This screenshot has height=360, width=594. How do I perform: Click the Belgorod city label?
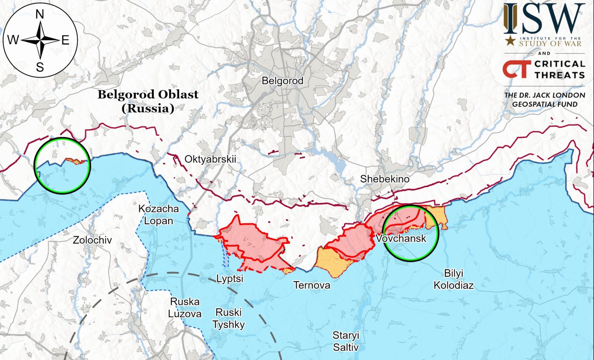(282, 81)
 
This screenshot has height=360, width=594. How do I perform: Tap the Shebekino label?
(384, 179)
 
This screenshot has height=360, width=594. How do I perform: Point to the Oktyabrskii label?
(210, 159)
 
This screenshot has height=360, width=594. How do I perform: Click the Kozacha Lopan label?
(159, 215)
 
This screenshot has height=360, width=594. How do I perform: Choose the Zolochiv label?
(92, 240)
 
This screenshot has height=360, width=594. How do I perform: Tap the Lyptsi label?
(230, 278)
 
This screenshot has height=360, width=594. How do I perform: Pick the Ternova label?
(312, 285)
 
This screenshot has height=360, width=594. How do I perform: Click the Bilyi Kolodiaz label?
(453, 279)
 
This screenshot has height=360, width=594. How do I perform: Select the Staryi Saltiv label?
(346, 341)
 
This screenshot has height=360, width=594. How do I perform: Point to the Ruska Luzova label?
(185, 307)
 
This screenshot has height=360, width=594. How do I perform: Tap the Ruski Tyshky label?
(229, 318)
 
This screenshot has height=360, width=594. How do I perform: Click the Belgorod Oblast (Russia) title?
(148, 101)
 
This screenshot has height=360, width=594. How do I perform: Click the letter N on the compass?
(40, 15)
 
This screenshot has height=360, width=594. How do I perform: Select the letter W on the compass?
(12, 40)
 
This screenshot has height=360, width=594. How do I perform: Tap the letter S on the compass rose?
(40, 68)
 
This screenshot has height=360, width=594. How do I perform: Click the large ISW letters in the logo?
(544, 19)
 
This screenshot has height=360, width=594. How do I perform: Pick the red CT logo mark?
(516, 69)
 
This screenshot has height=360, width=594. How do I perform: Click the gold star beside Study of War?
(510, 40)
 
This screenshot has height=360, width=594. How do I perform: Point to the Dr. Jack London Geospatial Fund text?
(544, 99)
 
